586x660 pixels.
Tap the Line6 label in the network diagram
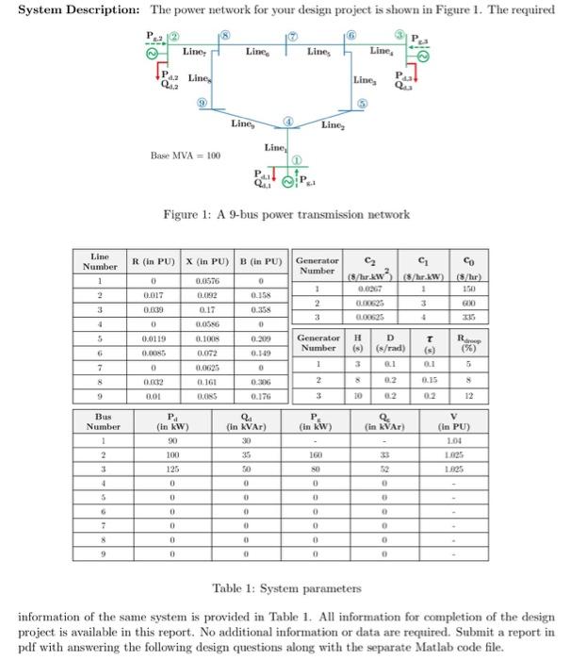coord(256,51)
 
